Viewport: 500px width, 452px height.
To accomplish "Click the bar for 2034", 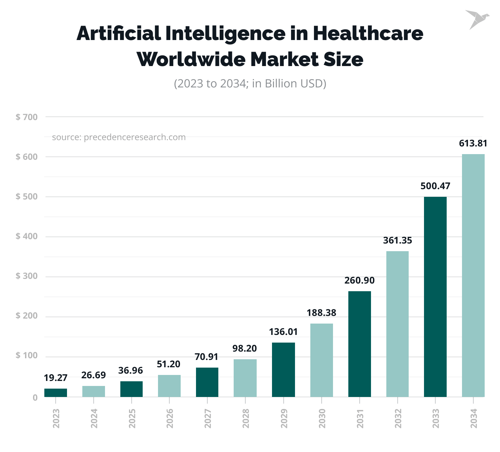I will pos(473,275).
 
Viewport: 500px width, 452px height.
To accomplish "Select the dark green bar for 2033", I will pos(435,297).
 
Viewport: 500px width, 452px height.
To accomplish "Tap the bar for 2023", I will pos(56,393).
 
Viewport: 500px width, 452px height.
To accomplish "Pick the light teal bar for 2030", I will pos(321,360).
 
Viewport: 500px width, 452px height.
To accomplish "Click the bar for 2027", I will pos(207,382).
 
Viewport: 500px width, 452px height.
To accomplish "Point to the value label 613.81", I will pos(473,143).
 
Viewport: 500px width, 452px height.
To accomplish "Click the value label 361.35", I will pos(397,241).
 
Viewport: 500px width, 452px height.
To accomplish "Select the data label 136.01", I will pos(283,332).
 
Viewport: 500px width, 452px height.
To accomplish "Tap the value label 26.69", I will pos(93,375).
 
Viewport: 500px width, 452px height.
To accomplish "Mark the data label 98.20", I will pos(245,349).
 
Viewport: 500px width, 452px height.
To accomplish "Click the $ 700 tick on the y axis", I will pos(27,117).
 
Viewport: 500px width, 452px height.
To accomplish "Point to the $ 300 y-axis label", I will pos(27,276).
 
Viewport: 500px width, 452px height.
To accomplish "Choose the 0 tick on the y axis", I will pos(35,398).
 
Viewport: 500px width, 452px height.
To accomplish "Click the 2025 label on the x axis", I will pos(132,418).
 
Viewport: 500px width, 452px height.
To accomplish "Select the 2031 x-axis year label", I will pos(360,418).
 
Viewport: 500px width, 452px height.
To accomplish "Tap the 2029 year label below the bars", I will pos(284,418).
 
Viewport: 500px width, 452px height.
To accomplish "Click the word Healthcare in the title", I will pos(368,33).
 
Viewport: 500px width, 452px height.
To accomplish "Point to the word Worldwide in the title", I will pos(190,59).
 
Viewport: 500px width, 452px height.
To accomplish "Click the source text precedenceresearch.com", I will pos(135,137).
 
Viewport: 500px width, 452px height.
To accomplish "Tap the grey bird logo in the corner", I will pos(476,19).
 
